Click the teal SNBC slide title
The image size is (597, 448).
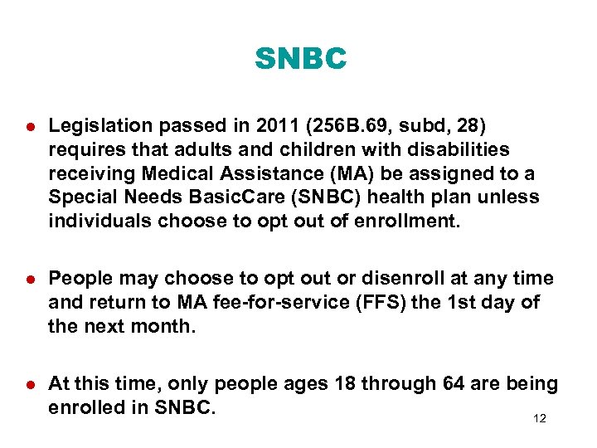coord(300,59)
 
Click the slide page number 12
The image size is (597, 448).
coord(540,419)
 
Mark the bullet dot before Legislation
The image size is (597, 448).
coord(28,127)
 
